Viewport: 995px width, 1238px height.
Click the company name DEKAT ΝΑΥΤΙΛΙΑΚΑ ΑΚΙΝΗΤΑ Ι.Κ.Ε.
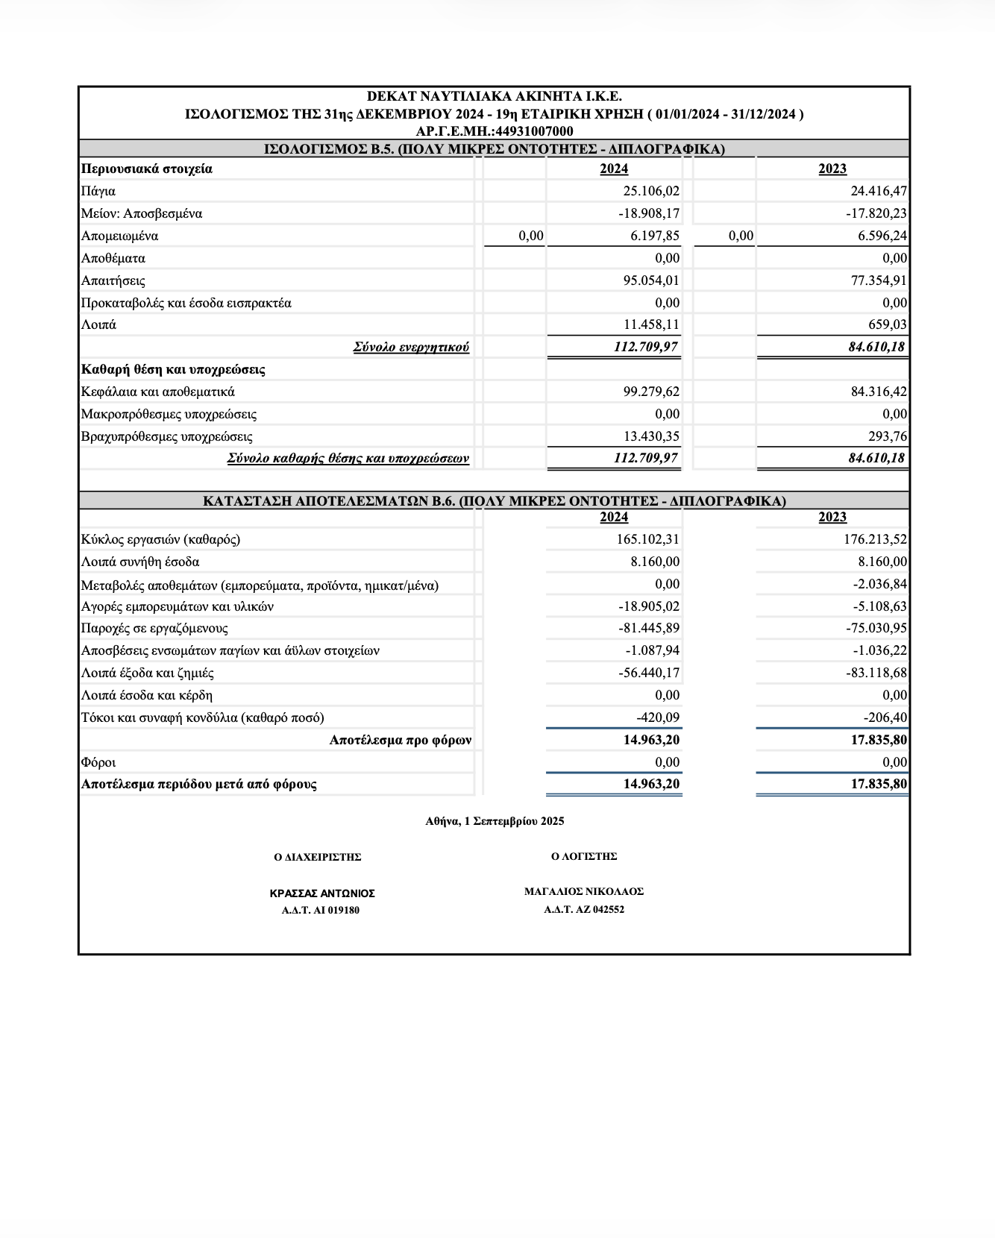click(494, 96)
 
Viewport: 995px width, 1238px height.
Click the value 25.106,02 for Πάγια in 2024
click(651, 191)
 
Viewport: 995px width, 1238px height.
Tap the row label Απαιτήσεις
click(113, 280)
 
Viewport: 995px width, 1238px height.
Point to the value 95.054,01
click(651, 280)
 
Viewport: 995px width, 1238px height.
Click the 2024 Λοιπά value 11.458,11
click(651, 324)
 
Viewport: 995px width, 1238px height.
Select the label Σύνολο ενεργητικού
click(411, 347)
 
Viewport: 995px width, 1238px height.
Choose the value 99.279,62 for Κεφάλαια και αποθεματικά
click(651, 392)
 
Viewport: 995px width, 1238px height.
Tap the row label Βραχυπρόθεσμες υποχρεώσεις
click(167, 436)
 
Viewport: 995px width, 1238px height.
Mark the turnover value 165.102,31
click(647, 539)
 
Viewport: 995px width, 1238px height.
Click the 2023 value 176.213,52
click(875, 539)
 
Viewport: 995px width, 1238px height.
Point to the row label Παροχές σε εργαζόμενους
click(154, 628)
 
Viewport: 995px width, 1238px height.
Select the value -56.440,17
click(649, 673)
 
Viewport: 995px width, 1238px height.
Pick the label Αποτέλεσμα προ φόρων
click(401, 740)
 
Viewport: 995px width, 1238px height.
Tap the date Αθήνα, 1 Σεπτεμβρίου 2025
click(495, 821)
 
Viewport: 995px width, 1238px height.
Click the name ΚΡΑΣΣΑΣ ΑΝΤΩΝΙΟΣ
click(322, 893)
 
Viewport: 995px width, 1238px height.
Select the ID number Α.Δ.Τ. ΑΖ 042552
click(584, 909)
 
